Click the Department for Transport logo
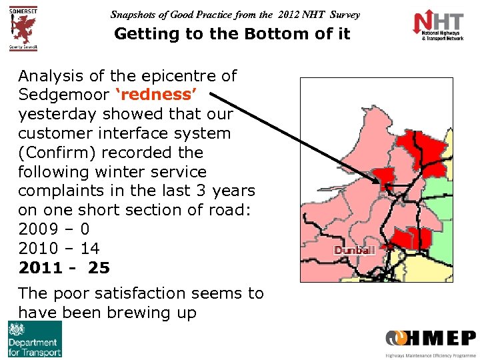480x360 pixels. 35,339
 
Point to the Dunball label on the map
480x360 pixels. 355,250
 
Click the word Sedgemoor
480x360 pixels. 56,95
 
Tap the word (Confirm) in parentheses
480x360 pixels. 56,153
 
